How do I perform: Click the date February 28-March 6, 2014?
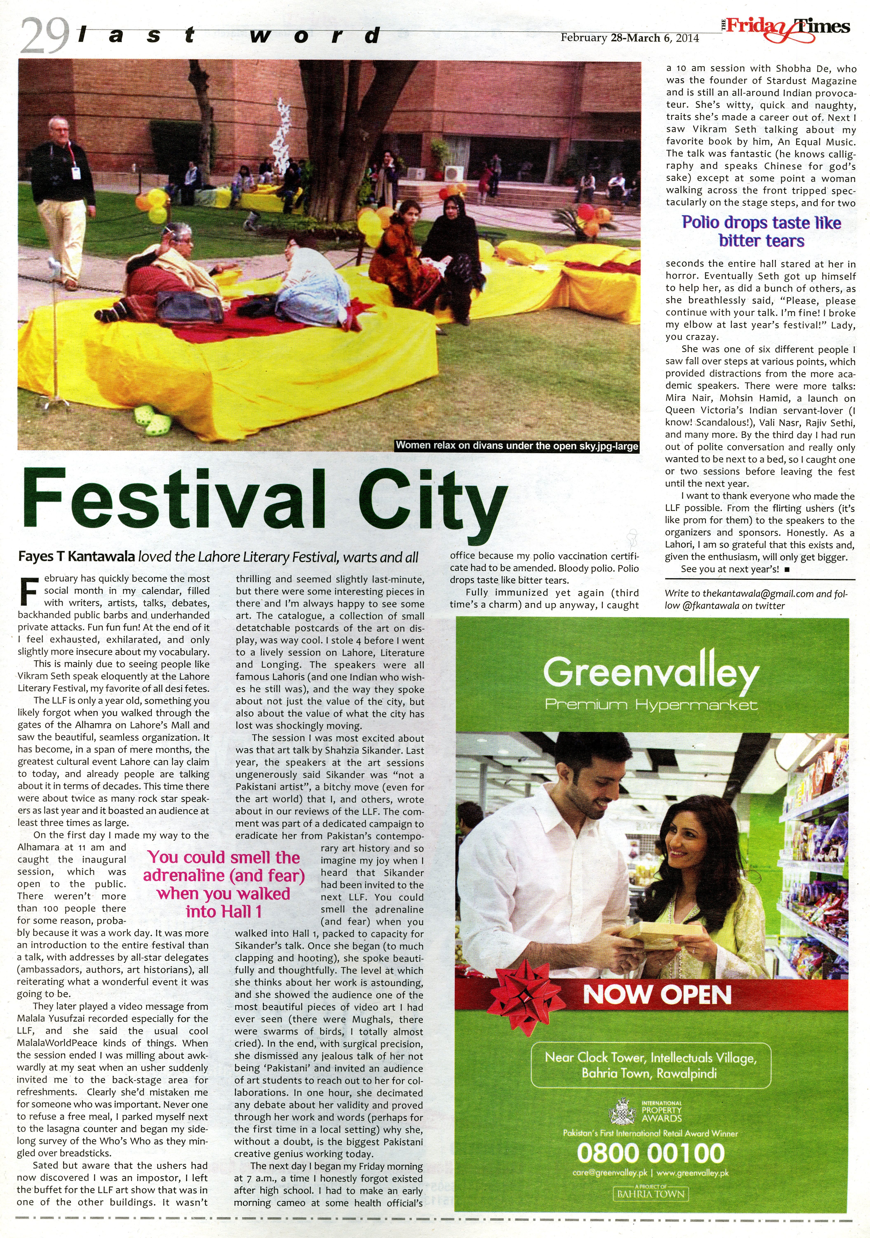pos(630,38)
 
